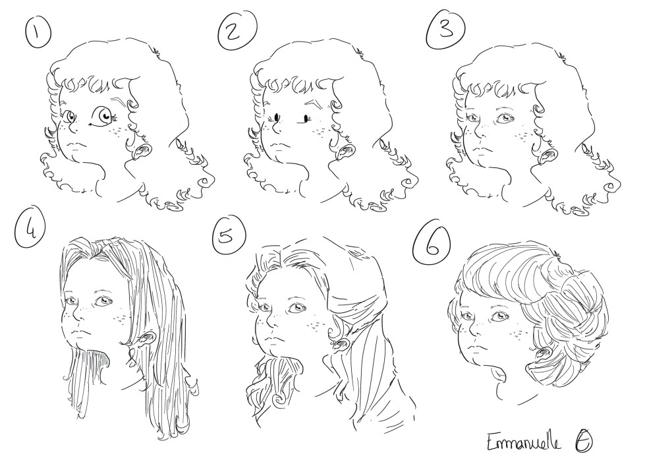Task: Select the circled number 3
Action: (446, 28)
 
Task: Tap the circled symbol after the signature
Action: (582, 442)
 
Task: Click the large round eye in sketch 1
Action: (103, 115)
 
